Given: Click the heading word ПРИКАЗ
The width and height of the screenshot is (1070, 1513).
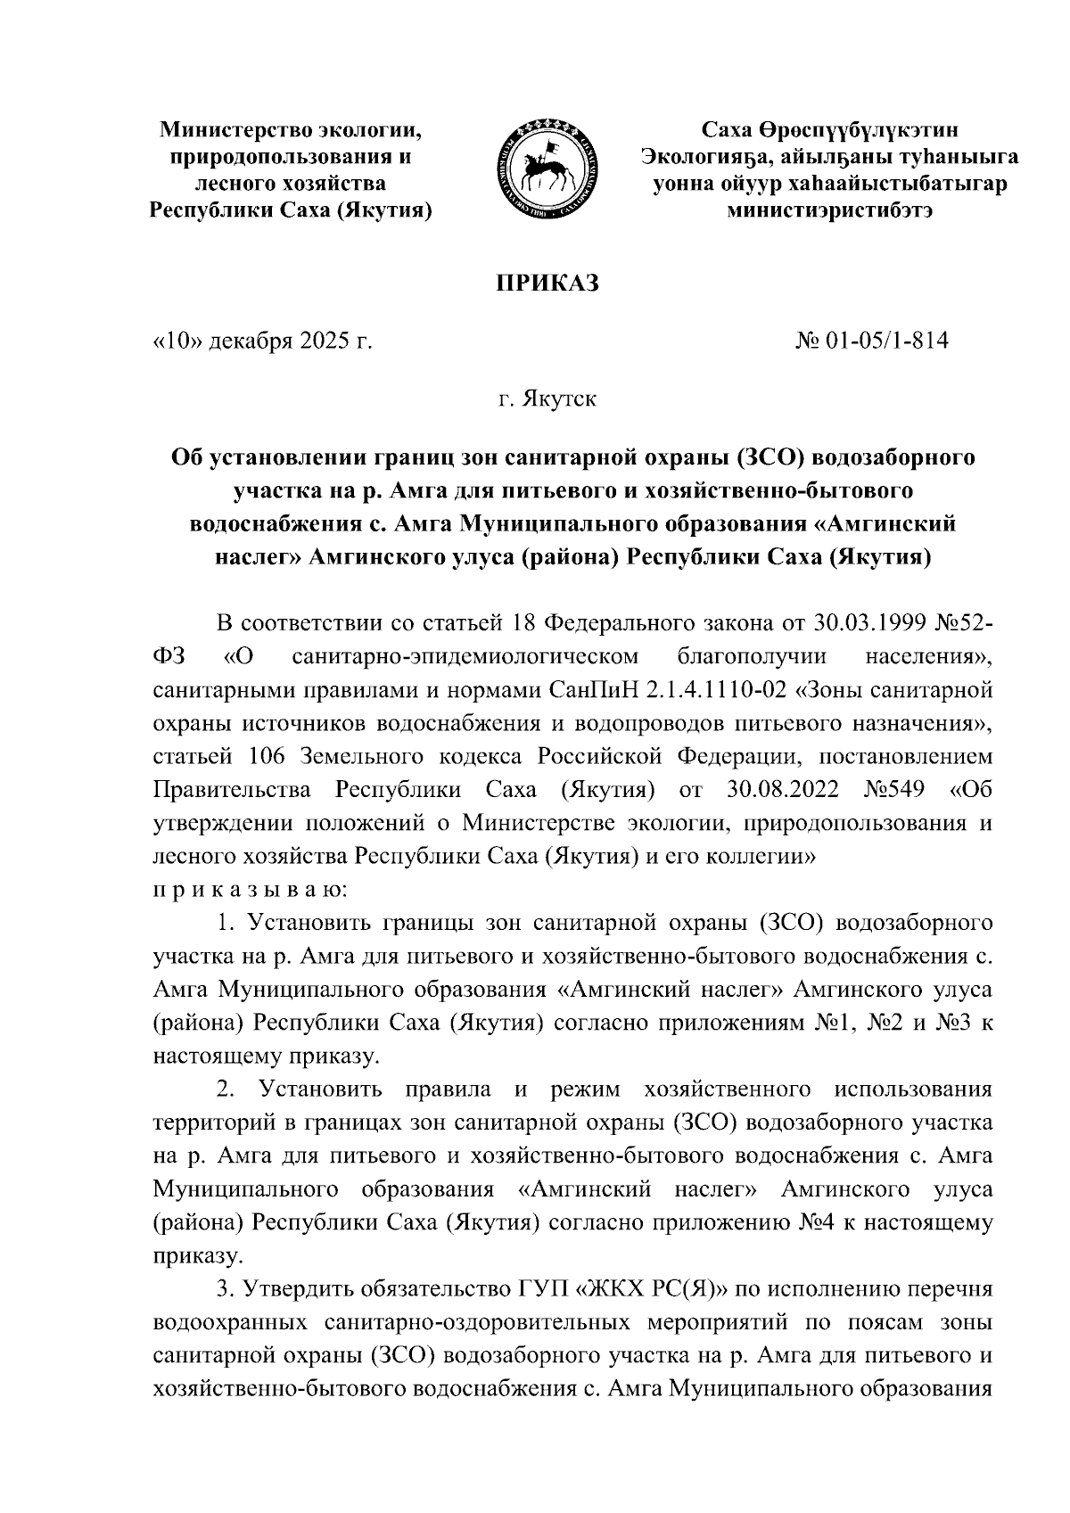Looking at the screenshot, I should coord(547,284).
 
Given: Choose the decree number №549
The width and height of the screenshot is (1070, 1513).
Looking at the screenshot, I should coord(895,790).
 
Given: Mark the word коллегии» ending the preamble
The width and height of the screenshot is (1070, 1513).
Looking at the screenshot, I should coord(761,857).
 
